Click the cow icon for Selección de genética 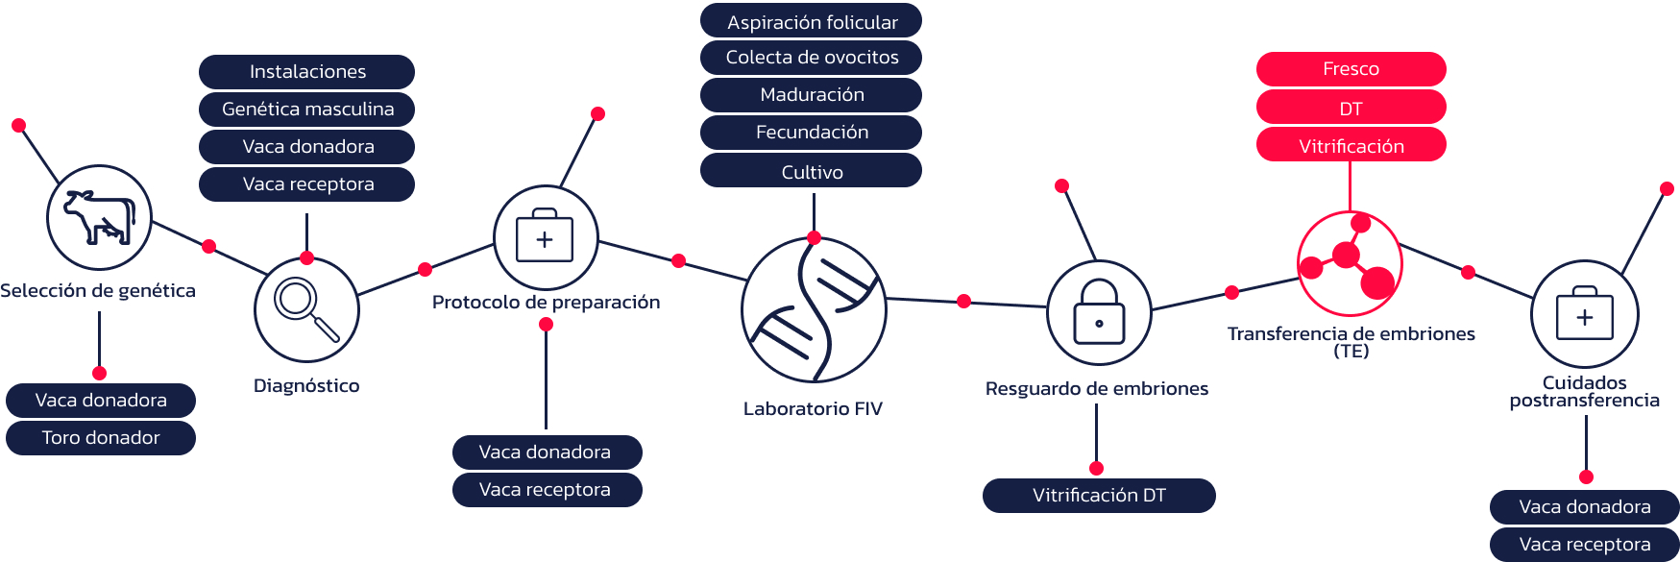(x=99, y=217)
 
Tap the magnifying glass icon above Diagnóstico (x=306, y=309)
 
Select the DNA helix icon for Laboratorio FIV (x=814, y=309)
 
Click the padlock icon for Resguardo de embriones (x=1099, y=312)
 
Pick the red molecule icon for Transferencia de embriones (x=1350, y=263)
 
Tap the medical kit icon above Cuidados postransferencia (x=1585, y=314)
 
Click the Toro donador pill (x=101, y=438)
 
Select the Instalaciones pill (x=307, y=72)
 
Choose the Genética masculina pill (x=307, y=110)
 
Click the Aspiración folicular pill (x=812, y=22)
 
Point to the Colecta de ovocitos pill (x=812, y=58)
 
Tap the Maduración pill (x=812, y=95)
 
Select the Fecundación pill (x=812, y=133)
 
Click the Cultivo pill (x=812, y=172)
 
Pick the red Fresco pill (x=1351, y=69)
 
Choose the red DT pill (x=1351, y=109)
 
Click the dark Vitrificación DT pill (x=1099, y=496)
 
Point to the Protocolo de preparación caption (x=546, y=303)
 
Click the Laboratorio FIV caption (x=813, y=409)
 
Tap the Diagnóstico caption (x=306, y=386)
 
